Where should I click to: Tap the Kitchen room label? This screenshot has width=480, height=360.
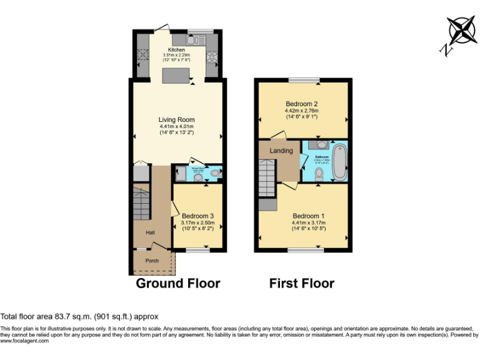(176, 49)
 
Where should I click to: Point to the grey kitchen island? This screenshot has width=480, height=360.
(176, 76)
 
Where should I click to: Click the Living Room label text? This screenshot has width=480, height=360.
(176, 120)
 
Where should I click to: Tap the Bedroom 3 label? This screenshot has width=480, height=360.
(198, 216)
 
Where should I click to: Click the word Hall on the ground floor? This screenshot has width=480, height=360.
(150, 233)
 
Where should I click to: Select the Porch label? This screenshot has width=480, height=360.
(152, 261)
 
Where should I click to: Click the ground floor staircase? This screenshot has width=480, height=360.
(141, 203)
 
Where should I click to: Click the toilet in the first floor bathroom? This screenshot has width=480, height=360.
(319, 174)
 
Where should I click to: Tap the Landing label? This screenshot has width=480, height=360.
(281, 151)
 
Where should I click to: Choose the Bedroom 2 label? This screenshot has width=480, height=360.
(302, 104)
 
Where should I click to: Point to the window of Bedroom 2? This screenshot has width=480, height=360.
(304, 80)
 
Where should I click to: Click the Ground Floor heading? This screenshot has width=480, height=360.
(178, 284)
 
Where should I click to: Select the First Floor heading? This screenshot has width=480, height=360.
(302, 284)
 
